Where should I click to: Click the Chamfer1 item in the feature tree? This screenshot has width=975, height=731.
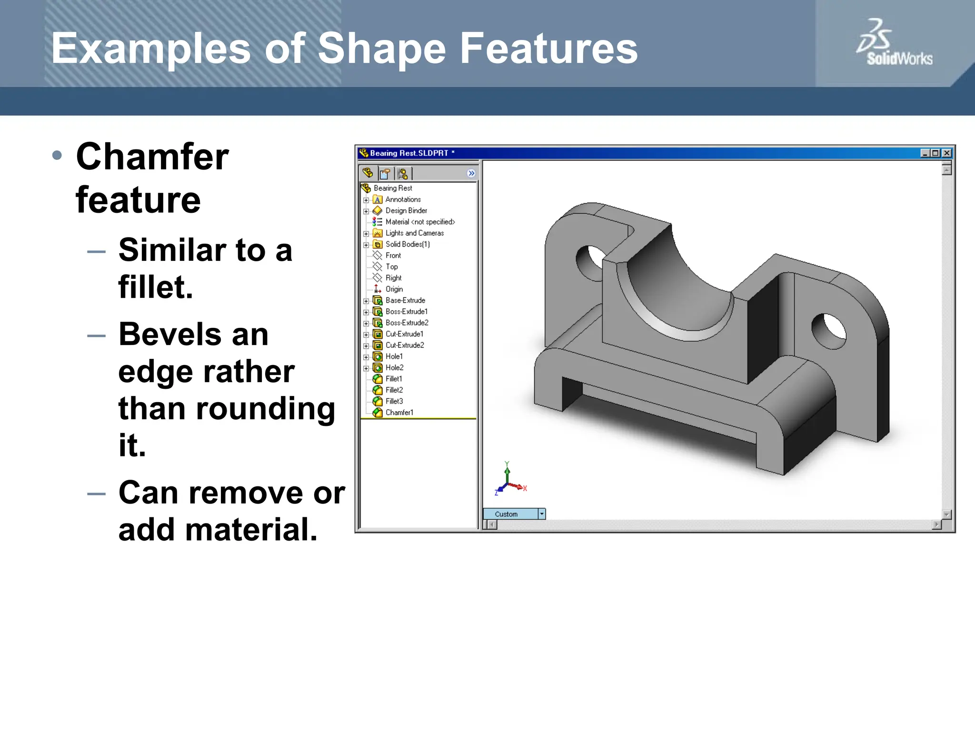click(399, 413)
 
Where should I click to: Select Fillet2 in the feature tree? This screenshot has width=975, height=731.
click(394, 390)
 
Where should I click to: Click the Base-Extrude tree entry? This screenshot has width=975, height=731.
click(405, 300)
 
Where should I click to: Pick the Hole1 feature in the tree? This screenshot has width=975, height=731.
click(394, 356)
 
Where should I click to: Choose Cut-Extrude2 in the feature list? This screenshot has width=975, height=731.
click(404, 346)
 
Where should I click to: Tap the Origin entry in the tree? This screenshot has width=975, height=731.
click(394, 289)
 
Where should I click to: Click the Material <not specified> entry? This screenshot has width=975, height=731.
click(419, 222)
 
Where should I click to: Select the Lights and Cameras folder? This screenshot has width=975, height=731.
click(414, 233)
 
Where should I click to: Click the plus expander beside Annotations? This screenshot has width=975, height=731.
click(366, 200)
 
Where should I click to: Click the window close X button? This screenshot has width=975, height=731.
click(947, 153)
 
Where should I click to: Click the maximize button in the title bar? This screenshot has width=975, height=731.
click(935, 153)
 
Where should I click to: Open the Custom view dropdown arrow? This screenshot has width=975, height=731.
click(542, 514)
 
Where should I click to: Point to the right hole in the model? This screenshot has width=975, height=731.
click(829, 330)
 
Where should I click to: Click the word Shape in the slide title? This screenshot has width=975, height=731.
click(381, 49)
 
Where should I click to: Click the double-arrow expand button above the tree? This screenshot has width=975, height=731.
click(471, 173)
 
